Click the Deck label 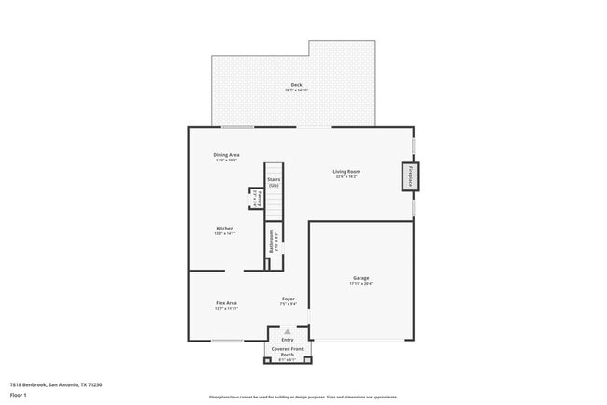coord(296,85)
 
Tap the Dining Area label coord(227,155)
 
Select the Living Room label coord(347,171)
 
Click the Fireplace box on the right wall coord(409,175)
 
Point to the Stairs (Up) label coord(274,182)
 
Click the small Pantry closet coord(255,199)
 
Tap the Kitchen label coord(225,228)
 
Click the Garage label coord(360,278)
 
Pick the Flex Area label coord(226,302)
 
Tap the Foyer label coord(289,299)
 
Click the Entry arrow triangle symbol coord(288,331)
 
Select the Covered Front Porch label coord(288,352)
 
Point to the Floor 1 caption coord(18,395)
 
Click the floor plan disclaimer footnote coord(303,396)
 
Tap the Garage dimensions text coord(360,284)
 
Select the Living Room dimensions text coord(347,176)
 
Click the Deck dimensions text coord(296,90)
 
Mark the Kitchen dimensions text coord(225,233)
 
